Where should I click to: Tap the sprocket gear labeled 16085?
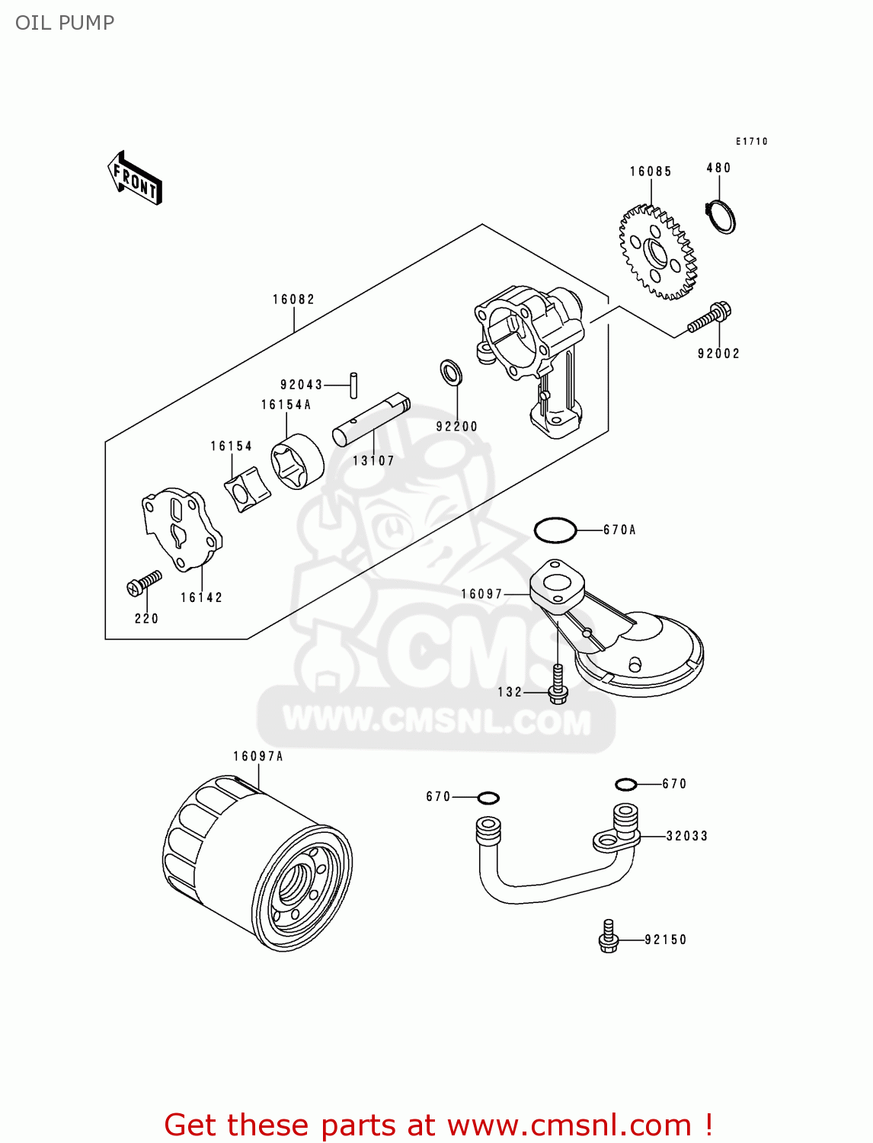pos(657,252)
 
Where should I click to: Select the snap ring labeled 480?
pos(720,216)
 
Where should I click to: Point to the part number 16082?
pos(293,299)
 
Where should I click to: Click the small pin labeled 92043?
pos(353,385)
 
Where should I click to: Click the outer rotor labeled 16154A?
pos(298,463)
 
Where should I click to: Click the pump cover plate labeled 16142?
pos(182,530)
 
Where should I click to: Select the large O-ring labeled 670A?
pos(555,530)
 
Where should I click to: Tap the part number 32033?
pos(686,836)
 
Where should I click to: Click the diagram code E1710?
pos(751,141)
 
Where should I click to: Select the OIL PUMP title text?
pos(65,23)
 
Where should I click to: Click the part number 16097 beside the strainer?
pos(481,594)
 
